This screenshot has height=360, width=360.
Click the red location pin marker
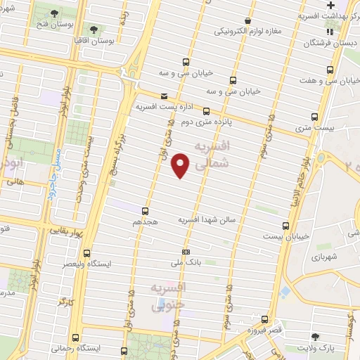pyautogui.click(x=181, y=164)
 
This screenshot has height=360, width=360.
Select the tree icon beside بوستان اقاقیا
pyautogui.click(x=94, y=30)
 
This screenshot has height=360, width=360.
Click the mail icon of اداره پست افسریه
pyautogui.click(x=164, y=96)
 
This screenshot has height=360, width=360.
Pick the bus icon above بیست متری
pyautogui.click(x=314, y=117)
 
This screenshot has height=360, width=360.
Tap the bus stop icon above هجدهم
pyautogui.click(x=146, y=210)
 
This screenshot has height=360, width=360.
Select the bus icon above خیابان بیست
pyautogui.click(x=285, y=226)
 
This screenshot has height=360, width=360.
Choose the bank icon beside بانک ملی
pyautogui.click(x=186, y=252)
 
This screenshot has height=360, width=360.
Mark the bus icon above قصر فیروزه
pyautogui.click(x=264, y=319)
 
